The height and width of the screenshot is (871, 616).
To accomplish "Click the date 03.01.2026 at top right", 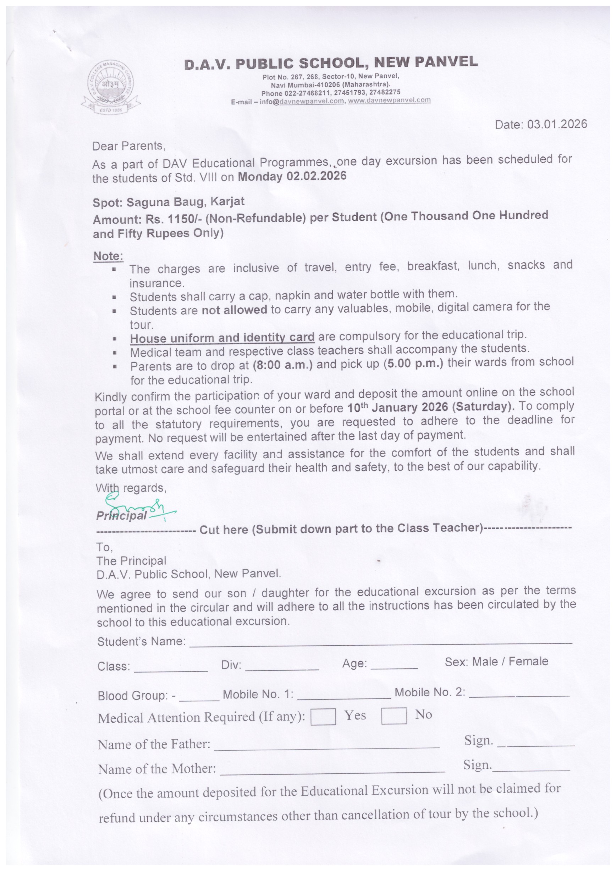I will tap(557, 124).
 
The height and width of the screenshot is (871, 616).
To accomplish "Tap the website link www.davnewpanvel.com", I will tap(389, 100).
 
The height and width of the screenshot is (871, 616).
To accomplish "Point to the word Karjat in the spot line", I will tap(227, 201).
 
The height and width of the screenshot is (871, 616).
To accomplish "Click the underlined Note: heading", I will tap(108, 256).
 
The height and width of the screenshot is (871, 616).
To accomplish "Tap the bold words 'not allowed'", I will tap(235, 309).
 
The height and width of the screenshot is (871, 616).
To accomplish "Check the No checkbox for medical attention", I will tap(394, 716).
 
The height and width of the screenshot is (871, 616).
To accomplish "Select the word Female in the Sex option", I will tap(528, 661).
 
